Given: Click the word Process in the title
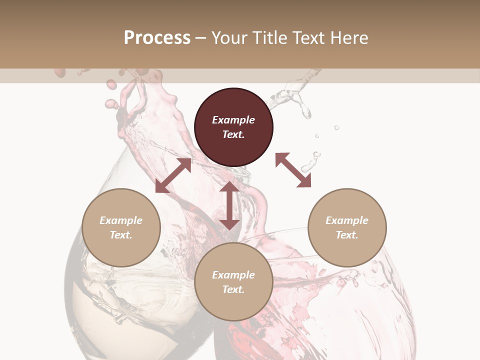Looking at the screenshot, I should pyautogui.click(x=157, y=38).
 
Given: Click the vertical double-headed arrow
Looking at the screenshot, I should pyautogui.click(x=229, y=205).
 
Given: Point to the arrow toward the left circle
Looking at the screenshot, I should pyautogui.click(x=173, y=175).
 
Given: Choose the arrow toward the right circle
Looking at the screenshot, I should pyautogui.click(x=293, y=170).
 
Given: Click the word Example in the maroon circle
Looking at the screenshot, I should pyautogui.click(x=233, y=120).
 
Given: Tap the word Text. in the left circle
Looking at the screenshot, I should pyautogui.click(x=121, y=235).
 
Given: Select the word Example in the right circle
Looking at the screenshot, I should pyautogui.click(x=347, y=220).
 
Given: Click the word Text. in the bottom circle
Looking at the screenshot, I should pyautogui.click(x=233, y=289).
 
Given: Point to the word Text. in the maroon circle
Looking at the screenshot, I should pyautogui.click(x=233, y=134).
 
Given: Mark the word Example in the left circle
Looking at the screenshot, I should pyautogui.click(x=121, y=220).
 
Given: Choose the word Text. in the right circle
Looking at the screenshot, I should pyautogui.click(x=347, y=235).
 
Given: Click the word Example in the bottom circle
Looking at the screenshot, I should pyautogui.click(x=233, y=275).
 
